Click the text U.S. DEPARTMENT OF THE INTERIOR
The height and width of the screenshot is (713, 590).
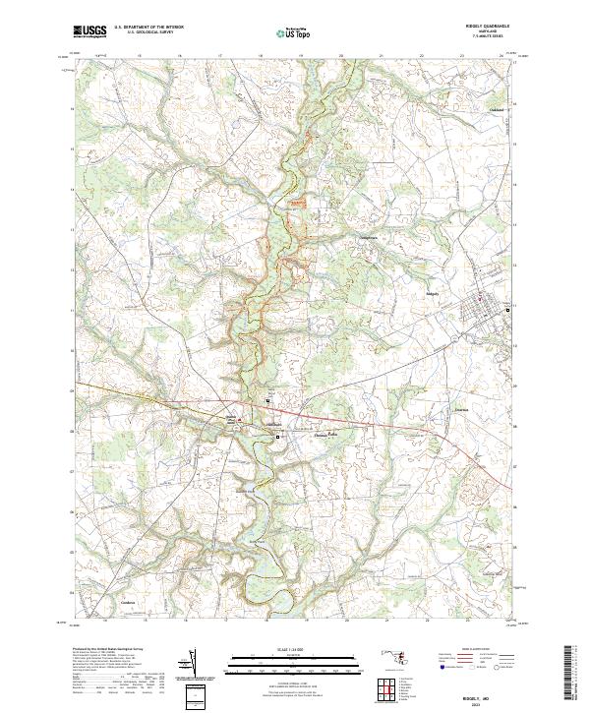[x=148, y=29]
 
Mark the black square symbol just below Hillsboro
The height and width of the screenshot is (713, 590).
[x=277, y=436]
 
